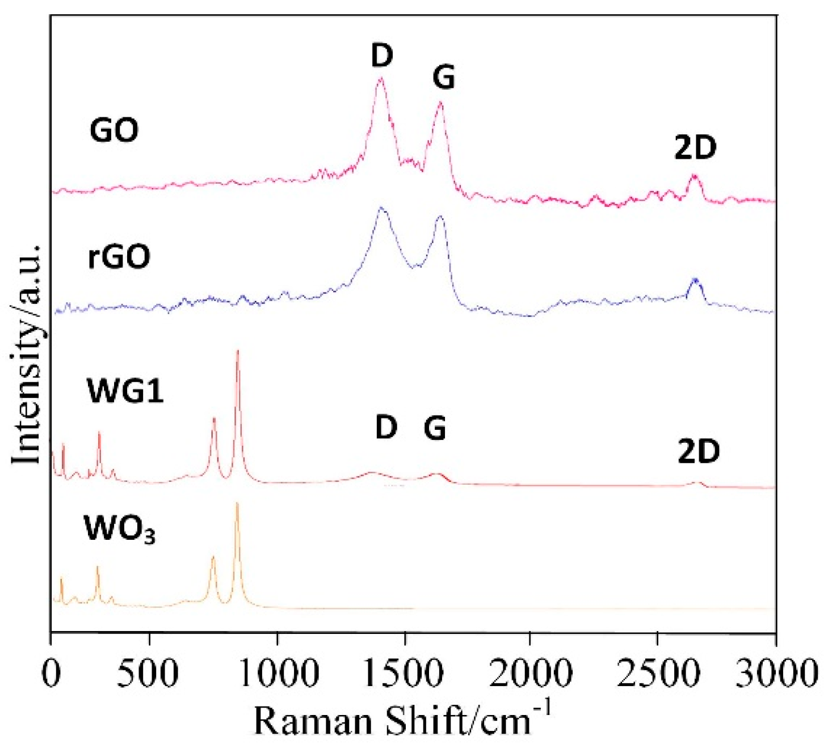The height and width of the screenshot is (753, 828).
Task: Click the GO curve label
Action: coord(114,130)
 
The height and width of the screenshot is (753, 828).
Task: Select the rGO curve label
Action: coord(119,256)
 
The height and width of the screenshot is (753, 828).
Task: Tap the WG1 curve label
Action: coord(125,391)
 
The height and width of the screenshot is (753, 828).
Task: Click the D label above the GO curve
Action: coord(382,56)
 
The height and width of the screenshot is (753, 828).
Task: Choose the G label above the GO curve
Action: coord(444,77)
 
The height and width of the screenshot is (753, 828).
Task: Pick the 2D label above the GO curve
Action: coord(695,148)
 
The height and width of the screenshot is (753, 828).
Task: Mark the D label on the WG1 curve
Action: coord(386,427)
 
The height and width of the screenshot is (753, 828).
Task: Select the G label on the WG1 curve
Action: coord(435,428)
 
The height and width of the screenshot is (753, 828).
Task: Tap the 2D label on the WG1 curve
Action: coord(699,452)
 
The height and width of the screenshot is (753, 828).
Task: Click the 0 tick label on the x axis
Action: coord(51,674)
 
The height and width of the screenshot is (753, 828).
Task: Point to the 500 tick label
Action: coord(149,674)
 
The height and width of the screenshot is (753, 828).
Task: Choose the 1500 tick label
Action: coord(405,674)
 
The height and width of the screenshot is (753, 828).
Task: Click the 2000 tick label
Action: coord(530,674)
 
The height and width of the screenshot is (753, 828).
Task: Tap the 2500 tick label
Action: coord(657,674)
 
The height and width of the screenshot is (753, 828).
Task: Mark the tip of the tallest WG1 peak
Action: coord(238,351)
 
